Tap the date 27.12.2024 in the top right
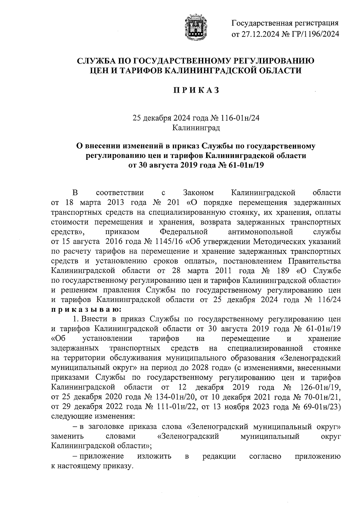coord(258,34)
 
